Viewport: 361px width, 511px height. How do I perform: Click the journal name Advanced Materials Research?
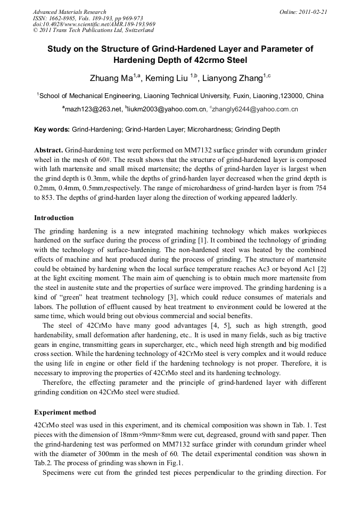[69, 12]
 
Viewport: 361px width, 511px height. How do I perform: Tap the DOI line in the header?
[94, 24]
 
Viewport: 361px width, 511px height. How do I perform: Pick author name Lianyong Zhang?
[233, 79]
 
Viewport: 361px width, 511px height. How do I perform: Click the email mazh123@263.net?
[94, 109]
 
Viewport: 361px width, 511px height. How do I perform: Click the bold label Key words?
[52, 129]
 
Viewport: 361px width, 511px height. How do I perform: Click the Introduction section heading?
[54, 217]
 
